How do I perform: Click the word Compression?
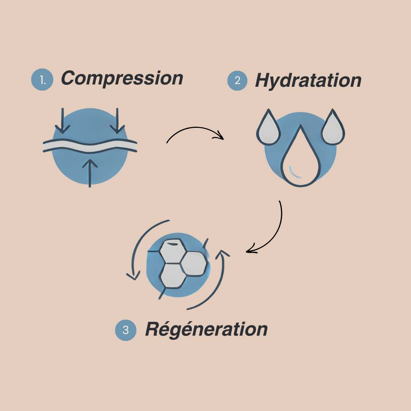pos(122,78)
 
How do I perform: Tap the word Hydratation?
pos(308,80)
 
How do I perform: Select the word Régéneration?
pos(206,329)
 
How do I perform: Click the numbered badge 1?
pos(42,80)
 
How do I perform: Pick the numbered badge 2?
pos(237,81)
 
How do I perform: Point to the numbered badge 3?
pos(126,330)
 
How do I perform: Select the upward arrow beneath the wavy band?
pos(90,171)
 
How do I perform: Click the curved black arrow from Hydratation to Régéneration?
pos(274,232)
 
